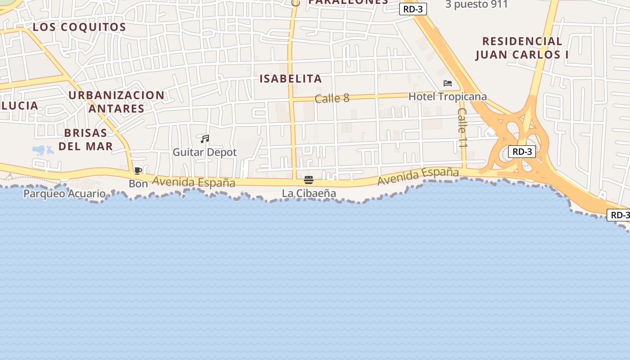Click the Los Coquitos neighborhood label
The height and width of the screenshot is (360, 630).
[79, 27]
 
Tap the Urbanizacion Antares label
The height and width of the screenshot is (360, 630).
[117, 102]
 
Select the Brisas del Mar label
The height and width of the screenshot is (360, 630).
[85, 139]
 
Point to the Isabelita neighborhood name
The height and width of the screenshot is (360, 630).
[291, 79]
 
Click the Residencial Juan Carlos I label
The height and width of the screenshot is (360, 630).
[522, 48]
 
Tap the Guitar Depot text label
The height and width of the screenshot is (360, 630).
[205, 153]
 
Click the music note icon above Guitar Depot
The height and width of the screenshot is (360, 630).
[205, 139]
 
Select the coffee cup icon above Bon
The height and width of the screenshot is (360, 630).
[138, 171]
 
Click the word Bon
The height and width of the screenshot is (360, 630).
[138, 184]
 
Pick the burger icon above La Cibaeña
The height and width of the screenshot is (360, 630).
[309, 180]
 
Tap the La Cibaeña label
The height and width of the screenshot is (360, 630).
[309, 193]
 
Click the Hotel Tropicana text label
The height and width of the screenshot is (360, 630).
[447, 97]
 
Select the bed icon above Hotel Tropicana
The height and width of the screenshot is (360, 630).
[448, 83]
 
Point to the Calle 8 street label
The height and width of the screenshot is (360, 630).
[332, 98]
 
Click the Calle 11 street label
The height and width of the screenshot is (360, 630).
[463, 128]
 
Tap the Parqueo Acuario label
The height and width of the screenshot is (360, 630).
[64, 194]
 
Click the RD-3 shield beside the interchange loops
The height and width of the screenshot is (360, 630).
[522, 152]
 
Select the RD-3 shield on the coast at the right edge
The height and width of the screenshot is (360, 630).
[619, 215]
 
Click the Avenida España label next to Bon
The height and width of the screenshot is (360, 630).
[193, 182]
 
